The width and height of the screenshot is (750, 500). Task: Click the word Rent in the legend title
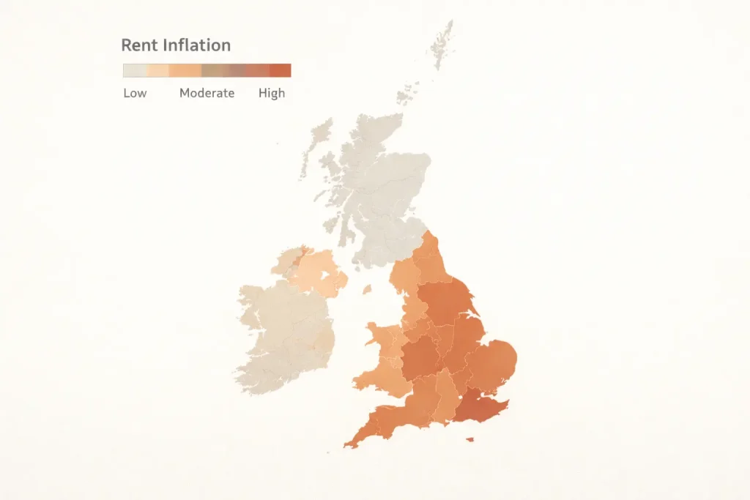coord(138,45)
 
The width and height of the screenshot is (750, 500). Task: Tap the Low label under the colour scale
coord(135,93)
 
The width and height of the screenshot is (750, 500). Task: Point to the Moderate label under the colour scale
coord(207,93)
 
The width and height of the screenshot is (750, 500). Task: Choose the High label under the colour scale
coord(272,93)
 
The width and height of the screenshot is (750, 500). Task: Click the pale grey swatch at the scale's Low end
coord(135,70)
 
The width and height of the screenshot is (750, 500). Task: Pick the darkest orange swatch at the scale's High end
coord(281,70)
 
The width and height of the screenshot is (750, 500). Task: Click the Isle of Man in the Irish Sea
coord(366,289)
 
